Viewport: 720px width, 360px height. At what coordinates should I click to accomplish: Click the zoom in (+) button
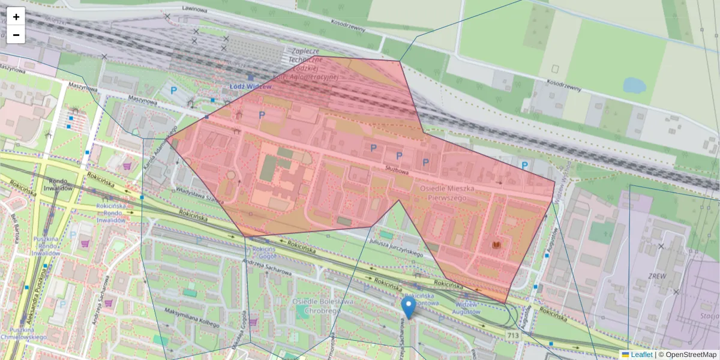tap(16, 17)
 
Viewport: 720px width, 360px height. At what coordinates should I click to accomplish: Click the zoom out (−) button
tap(16, 35)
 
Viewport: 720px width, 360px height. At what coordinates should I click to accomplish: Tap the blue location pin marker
tap(408, 308)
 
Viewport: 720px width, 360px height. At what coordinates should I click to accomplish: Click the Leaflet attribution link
tap(641, 355)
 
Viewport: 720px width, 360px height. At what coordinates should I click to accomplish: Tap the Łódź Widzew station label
tap(250, 86)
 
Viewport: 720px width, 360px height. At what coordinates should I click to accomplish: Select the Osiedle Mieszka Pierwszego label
tap(447, 193)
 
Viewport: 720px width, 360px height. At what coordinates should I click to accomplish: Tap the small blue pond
tap(634, 85)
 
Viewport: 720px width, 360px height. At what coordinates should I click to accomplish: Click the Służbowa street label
tap(397, 171)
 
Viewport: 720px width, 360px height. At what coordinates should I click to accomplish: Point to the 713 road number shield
tap(512, 335)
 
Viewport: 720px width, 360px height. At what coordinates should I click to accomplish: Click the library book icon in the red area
tap(496, 245)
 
